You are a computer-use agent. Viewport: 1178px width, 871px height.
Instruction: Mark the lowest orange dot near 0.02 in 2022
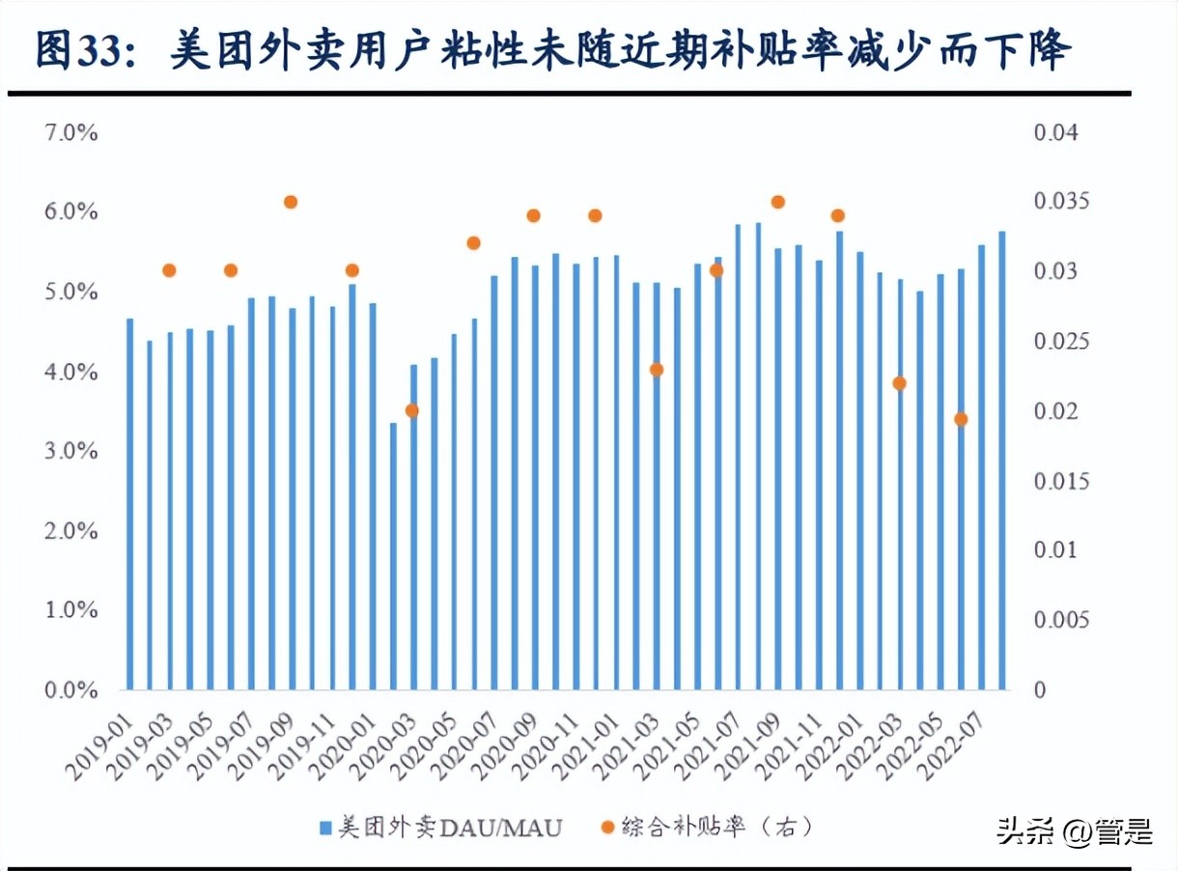[961, 419]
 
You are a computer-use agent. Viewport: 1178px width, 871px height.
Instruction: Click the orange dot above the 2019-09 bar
[291, 202]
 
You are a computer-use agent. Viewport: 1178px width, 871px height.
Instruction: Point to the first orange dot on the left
[169, 270]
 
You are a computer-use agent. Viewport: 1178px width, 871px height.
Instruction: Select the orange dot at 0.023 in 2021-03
[657, 370]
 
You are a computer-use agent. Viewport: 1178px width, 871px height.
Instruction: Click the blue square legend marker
[325, 828]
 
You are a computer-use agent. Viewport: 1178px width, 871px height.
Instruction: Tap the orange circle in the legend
[607, 828]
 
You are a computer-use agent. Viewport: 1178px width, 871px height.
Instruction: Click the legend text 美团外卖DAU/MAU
[450, 828]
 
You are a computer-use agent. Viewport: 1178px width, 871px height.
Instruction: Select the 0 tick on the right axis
[1040, 689]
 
